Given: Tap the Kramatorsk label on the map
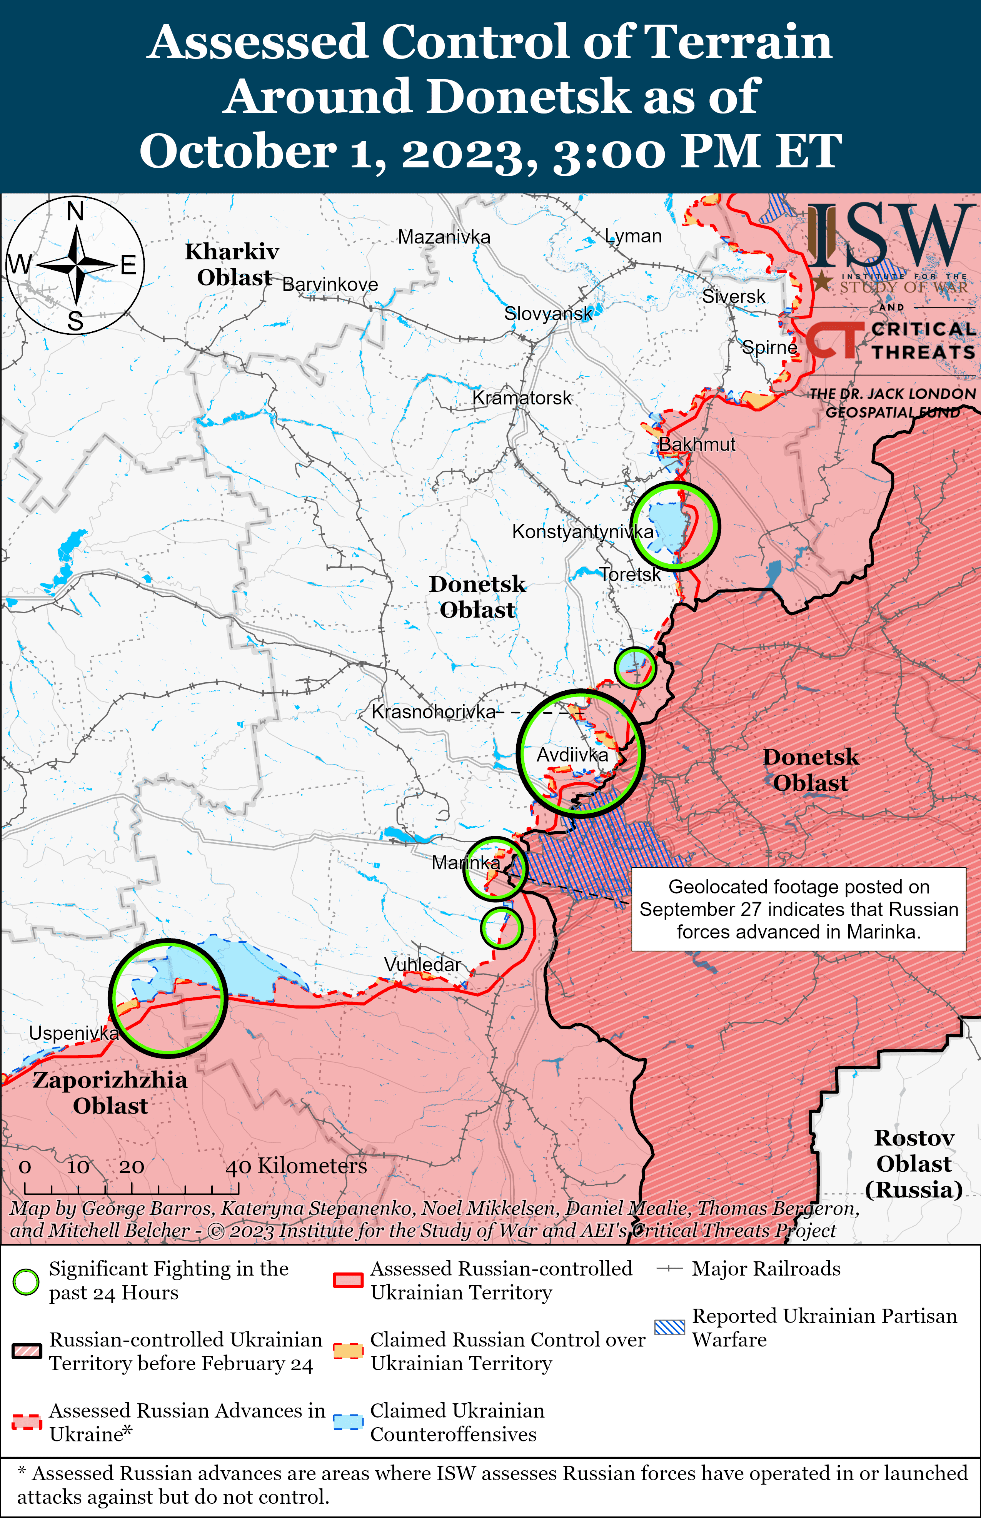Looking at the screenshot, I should tap(522, 398).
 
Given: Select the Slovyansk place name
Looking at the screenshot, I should tap(548, 313).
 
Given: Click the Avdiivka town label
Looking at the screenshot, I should tap(572, 755).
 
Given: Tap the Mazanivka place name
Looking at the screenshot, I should tap(444, 237).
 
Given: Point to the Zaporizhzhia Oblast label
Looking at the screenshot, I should tap(110, 1092).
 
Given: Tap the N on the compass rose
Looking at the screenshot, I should tap(75, 211).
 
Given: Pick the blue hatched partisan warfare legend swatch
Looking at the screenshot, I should tap(669, 1327).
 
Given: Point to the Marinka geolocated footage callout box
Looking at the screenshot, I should tap(798, 909).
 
